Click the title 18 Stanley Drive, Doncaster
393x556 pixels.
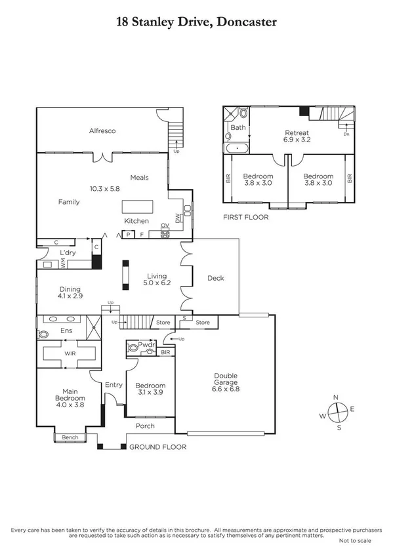196,22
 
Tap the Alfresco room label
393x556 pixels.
102,131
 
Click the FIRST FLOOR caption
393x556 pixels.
245,217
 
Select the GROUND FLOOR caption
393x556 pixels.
157,447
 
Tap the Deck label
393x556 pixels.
215,278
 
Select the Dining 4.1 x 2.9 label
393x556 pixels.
70,292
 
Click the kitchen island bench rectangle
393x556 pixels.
138,207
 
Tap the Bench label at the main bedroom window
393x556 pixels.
70,437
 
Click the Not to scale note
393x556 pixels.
354,541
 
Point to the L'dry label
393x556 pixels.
68,252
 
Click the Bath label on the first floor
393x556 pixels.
238,128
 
